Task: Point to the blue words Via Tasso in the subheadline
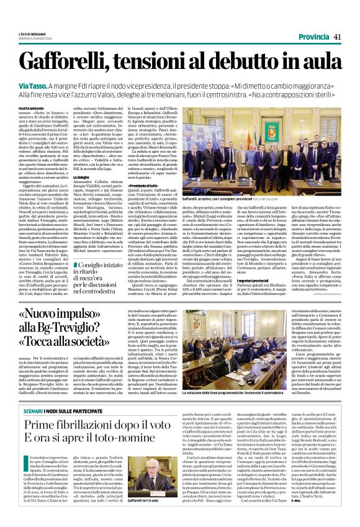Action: [35, 84]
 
